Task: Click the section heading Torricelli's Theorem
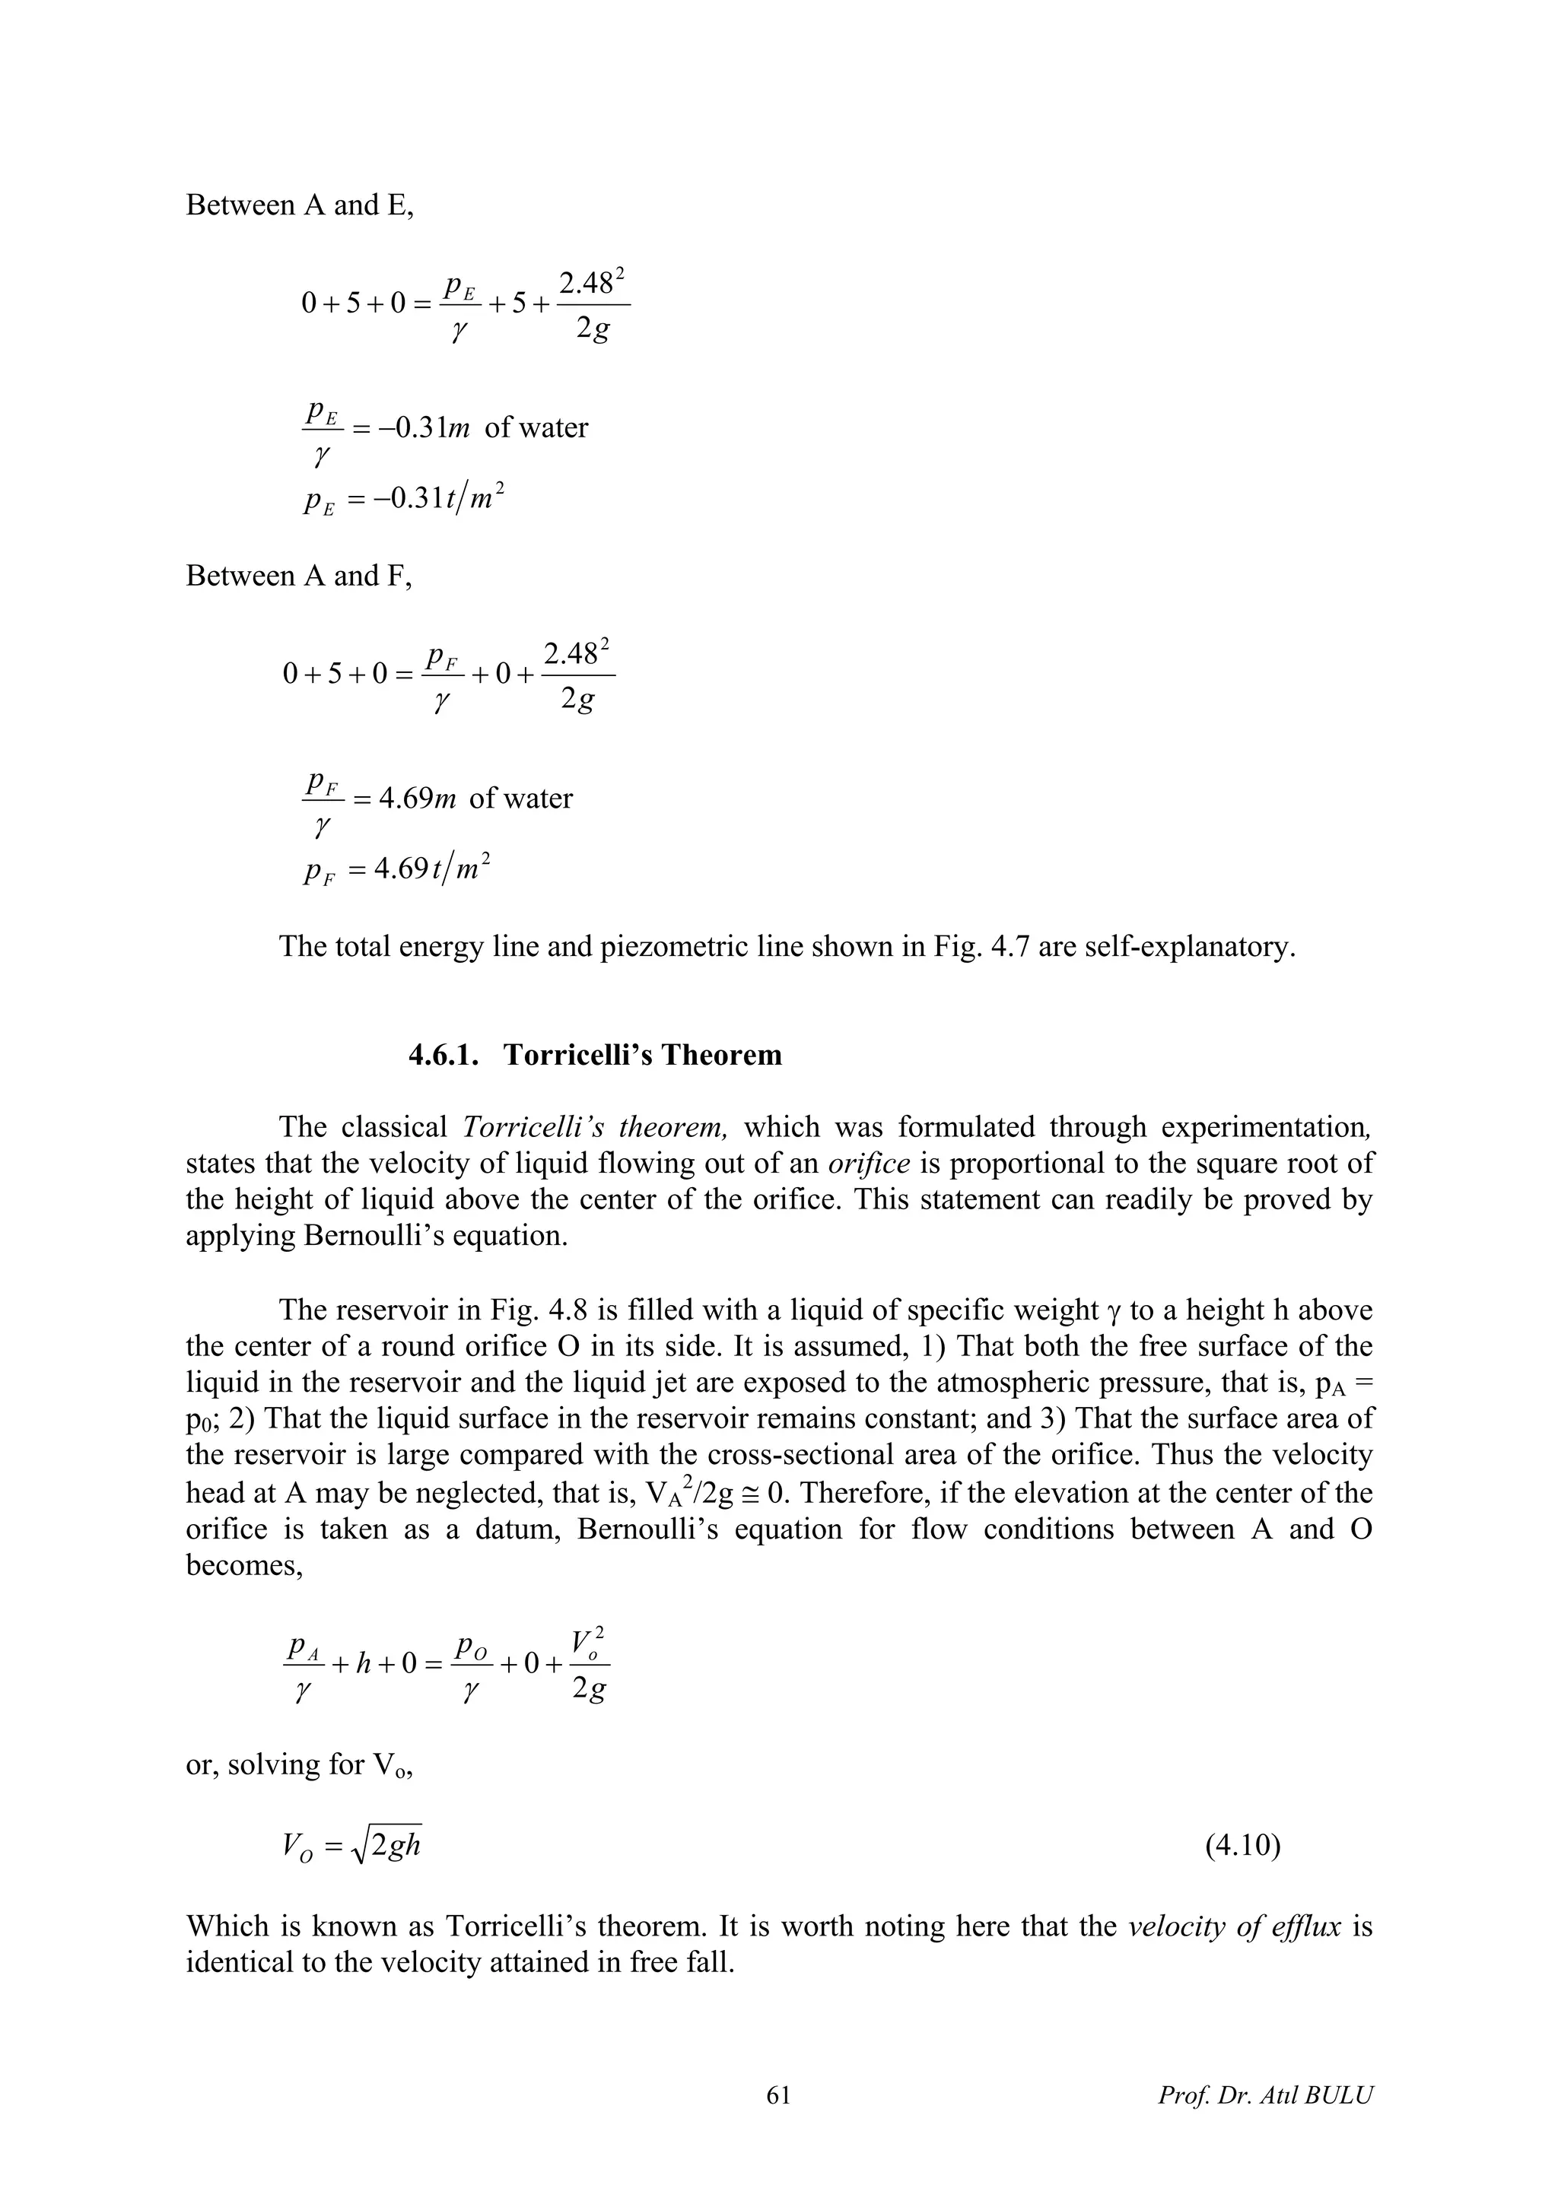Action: (642, 1055)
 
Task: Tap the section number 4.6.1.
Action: (447, 1055)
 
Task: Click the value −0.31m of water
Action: (470, 427)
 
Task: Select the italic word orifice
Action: (869, 1164)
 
